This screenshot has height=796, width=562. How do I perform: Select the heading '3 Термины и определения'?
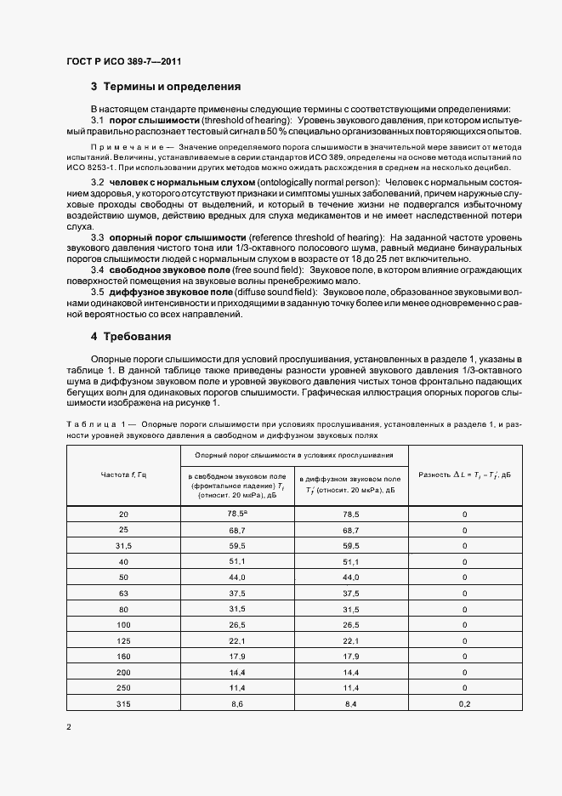coord(166,87)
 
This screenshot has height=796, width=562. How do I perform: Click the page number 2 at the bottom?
coord(69,728)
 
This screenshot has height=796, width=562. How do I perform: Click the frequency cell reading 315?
coord(123,704)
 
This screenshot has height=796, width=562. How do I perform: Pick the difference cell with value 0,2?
coord(464,704)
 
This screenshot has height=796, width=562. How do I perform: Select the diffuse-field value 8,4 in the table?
coord(351,704)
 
